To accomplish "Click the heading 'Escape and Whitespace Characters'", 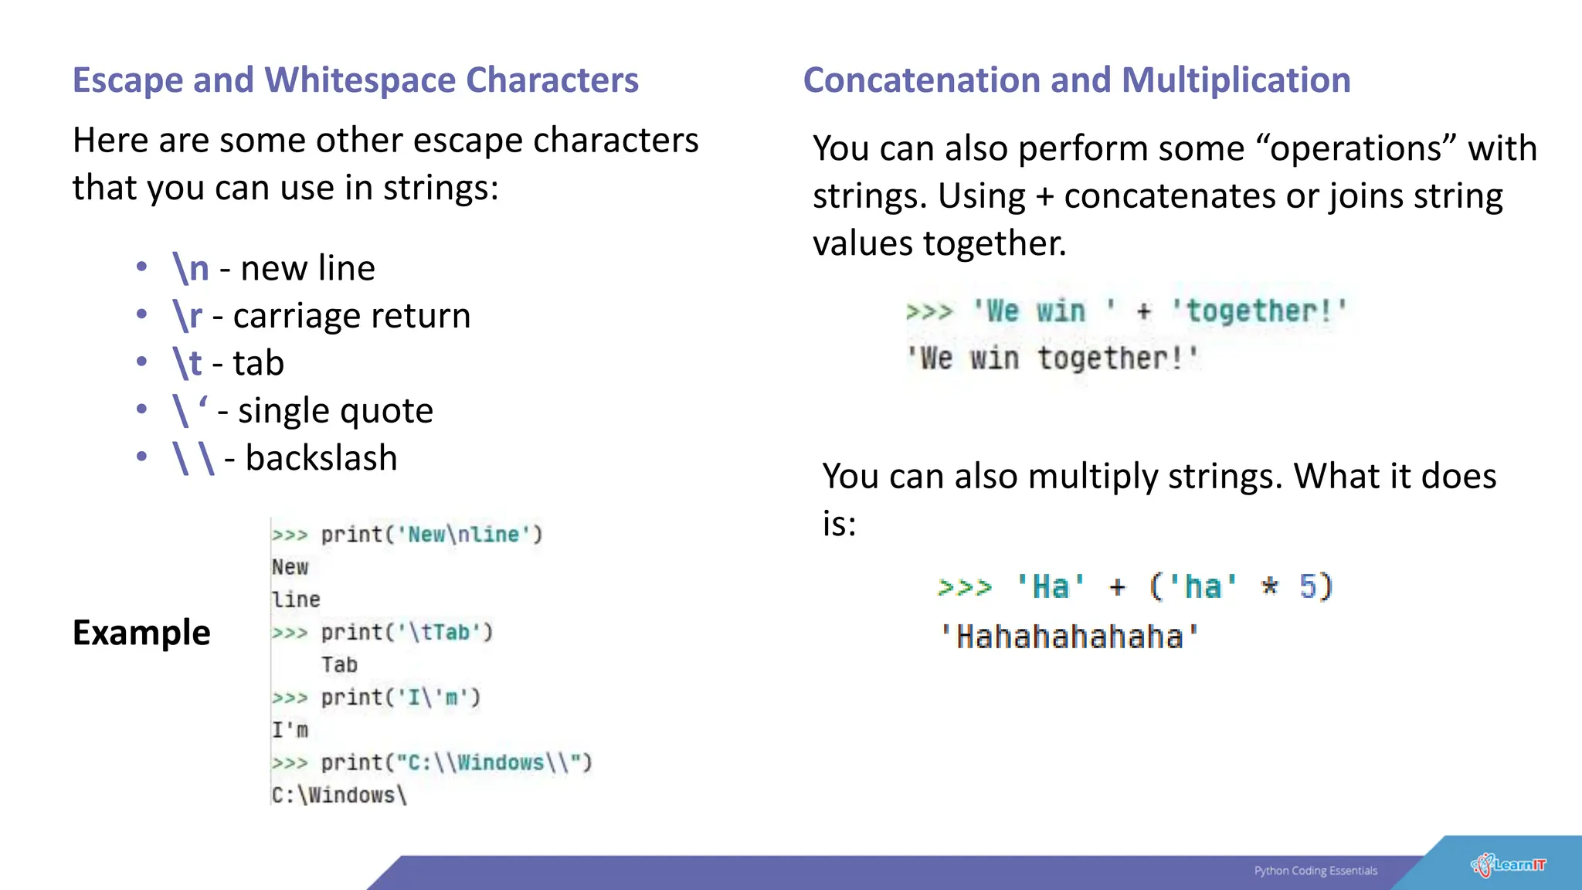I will pos(355,80).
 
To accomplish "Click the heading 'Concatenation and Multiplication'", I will pos(1077,80).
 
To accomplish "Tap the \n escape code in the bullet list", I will pos(191,268).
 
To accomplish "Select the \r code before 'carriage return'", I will pos(187,315).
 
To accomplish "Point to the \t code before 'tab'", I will pos(187,363).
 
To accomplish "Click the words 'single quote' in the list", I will pos(335,410).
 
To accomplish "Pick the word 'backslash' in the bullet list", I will pos(321,458).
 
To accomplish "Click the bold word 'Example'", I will pos(141,633).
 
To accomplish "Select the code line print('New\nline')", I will pos(431,535).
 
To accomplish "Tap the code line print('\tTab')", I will pos(406,633).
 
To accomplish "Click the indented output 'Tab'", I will pos(339,665).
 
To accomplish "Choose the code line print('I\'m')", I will pos(400,698).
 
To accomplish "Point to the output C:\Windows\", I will pos(338,795).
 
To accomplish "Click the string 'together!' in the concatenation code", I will pos(1258,311).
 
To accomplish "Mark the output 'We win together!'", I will pos(1052,358).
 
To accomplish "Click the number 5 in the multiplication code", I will pos(1308,587).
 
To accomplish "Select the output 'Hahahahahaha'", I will pos(1069,637).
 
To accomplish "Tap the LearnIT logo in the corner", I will pos(1508,865).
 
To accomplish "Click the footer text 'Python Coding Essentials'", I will pos(1316,871).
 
